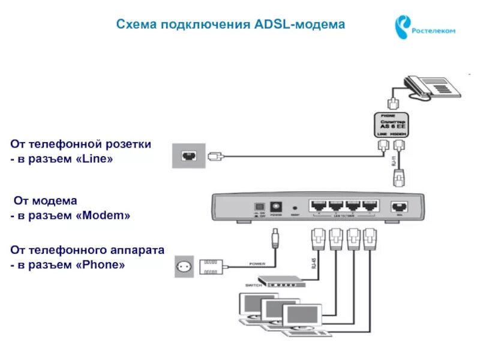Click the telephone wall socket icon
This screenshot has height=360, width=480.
point(188,156)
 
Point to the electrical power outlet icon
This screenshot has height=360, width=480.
point(185,266)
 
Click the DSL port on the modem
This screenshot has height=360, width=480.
point(398,206)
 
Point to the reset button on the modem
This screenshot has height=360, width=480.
point(295,207)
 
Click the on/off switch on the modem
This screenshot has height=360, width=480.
point(258,205)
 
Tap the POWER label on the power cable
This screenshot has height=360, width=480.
point(257,263)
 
